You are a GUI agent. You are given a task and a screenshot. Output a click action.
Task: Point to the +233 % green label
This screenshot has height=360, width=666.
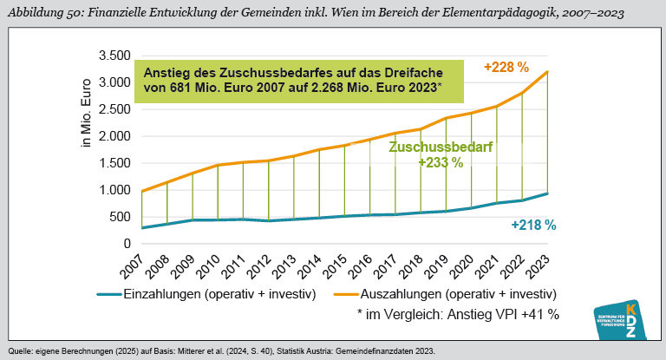coord(441,162)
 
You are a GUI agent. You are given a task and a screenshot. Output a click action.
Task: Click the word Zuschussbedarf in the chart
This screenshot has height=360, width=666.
coord(441,147)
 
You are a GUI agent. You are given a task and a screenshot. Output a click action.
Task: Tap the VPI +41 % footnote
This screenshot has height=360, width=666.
coord(457,314)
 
